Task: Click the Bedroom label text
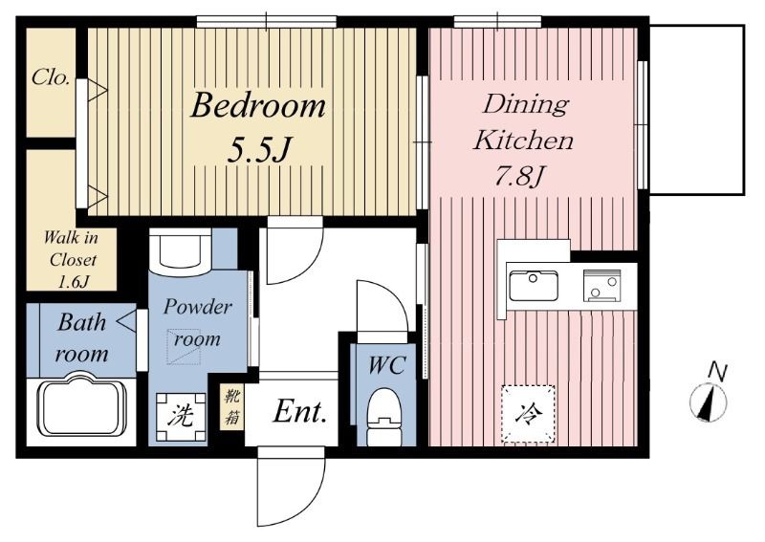pos(257,106)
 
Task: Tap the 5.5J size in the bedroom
pos(259,150)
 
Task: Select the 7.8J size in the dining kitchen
pos(519,176)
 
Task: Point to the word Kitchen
pos(523,141)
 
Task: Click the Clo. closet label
pos(51,77)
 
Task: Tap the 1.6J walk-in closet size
pos(74,281)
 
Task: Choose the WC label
pos(386,365)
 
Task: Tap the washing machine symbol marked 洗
pos(181,417)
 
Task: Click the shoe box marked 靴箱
pos(231,406)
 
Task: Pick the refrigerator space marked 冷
pos(529,414)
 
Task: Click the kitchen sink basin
pos(534,287)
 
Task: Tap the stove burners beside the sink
pos(602,286)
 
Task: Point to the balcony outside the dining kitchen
pos(697,110)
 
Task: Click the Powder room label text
pos(197,322)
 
